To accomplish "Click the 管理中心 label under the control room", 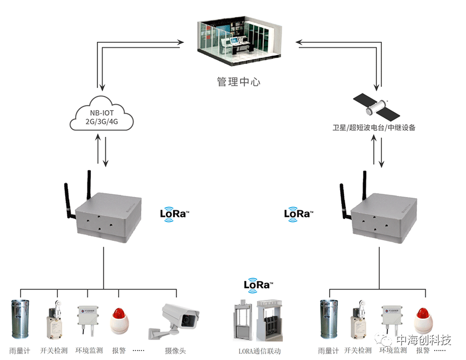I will coord(238,82).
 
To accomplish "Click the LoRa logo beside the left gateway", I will coord(174,213).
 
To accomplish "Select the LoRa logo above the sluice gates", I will coord(258,285).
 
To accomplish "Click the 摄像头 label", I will coord(175,351).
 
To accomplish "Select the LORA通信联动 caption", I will coord(259,351).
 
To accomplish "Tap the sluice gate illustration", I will coord(259,320).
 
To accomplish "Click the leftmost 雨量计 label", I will coord(19,351).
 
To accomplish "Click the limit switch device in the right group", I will coord(357,323).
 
